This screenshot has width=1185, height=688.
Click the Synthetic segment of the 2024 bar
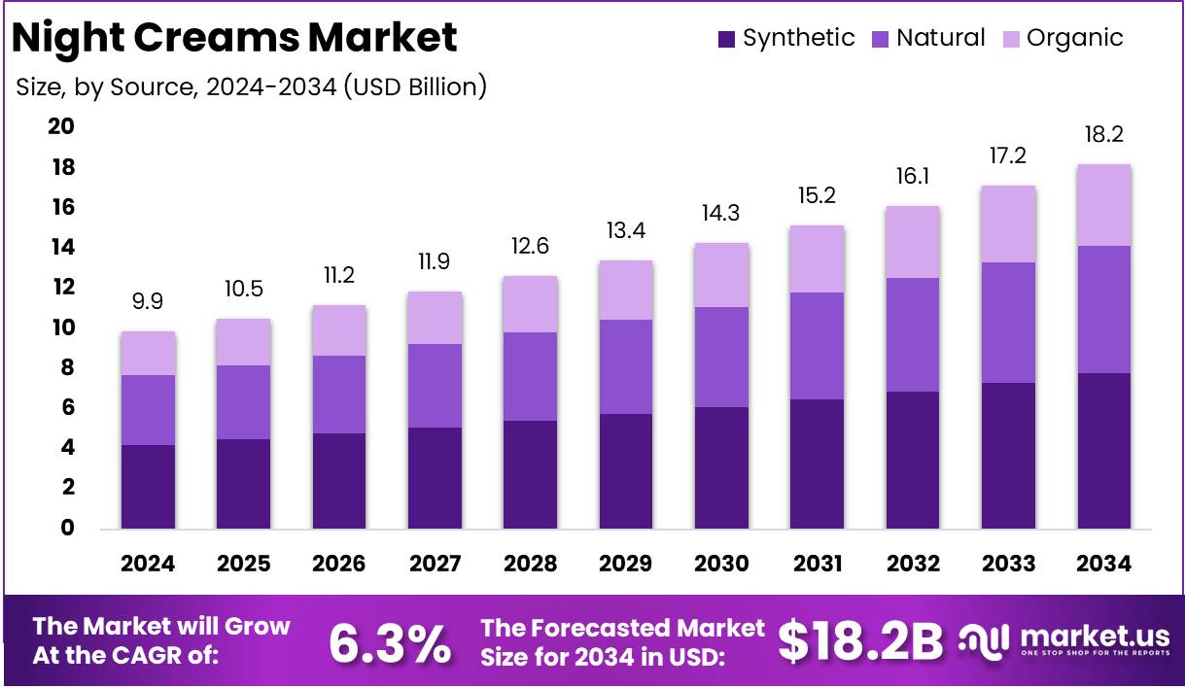coord(148,486)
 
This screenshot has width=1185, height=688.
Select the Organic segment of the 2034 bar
coord(1103,205)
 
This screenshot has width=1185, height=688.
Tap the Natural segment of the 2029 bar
coord(625,366)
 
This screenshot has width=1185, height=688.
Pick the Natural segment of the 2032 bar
coord(912,334)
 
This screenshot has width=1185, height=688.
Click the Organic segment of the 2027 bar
coord(435,318)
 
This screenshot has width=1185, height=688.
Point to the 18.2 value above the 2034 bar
coord(1103,134)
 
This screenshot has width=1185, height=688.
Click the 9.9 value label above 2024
coord(148,301)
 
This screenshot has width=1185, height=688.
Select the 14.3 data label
coord(720,214)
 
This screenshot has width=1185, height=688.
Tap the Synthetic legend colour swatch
coord(726,40)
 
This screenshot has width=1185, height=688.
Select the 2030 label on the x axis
coord(720,564)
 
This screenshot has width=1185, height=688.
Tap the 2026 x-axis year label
coord(339,564)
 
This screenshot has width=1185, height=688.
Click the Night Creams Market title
coord(233,38)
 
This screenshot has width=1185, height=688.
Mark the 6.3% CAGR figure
coord(390,642)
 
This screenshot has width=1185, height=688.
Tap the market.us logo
coord(1064,641)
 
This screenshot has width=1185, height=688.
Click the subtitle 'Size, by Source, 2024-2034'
coord(251,86)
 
